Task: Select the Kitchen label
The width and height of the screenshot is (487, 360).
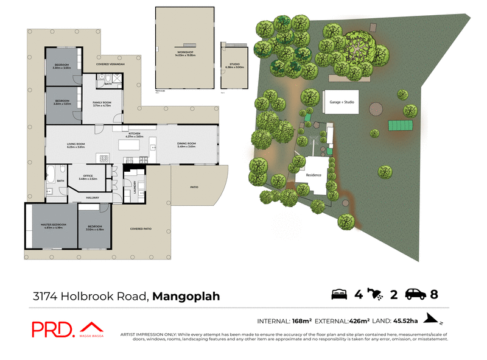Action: [x=135, y=134]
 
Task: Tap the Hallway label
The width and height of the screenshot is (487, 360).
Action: [x=93, y=197]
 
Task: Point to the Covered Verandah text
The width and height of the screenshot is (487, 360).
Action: [x=111, y=64]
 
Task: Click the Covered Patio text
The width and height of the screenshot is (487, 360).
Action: [x=141, y=229]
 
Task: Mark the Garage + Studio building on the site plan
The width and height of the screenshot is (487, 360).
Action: [x=342, y=102]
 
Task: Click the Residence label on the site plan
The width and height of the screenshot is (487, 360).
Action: [x=313, y=175]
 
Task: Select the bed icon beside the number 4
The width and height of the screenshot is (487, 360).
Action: [x=339, y=295]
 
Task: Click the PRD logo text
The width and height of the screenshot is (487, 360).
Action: [x=52, y=330]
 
